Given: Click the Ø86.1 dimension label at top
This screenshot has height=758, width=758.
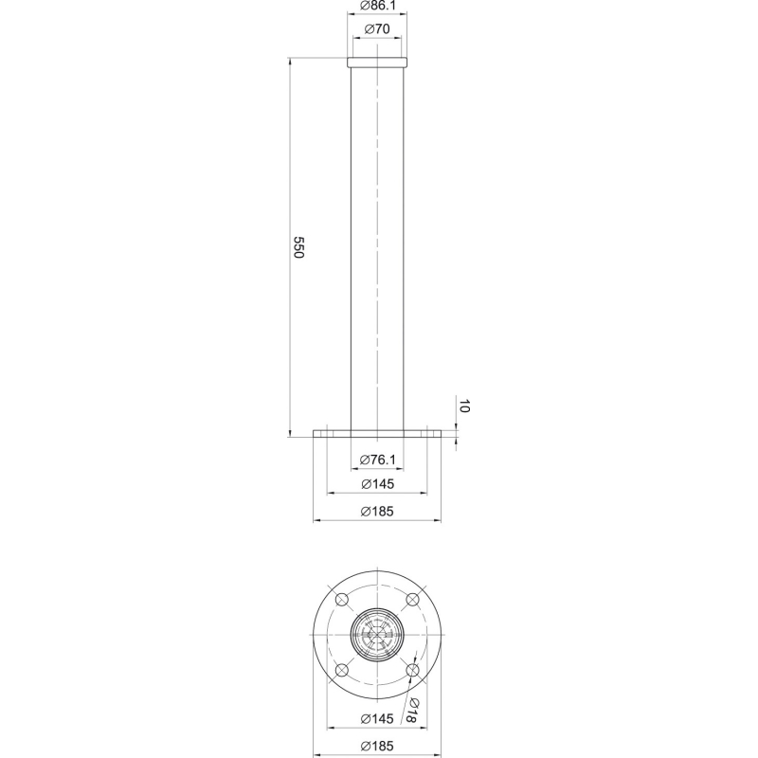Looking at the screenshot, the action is pyautogui.click(x=377, y=6).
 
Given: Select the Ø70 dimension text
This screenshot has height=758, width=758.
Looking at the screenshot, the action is pyautogui.click(x=377, y=29).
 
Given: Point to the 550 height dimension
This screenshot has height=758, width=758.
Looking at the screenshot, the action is pyautogui.click(x=298, y=247).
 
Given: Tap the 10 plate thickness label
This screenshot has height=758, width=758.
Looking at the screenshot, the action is pyautogui.click(x=463, y=406).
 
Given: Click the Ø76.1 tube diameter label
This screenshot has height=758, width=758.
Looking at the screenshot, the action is pyautogui.click(x=377, y=460).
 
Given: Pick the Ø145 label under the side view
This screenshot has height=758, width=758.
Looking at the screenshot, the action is pyautogui.click(x=377, y=484).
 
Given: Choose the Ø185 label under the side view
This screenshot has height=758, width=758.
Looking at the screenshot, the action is pyautogui.click(x=377, y=512).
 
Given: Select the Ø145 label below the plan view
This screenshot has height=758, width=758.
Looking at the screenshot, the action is pyautogui.click(x=377, y=719).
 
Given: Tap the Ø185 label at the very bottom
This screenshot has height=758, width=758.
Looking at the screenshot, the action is pyautogui.click(x=377, y=746).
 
